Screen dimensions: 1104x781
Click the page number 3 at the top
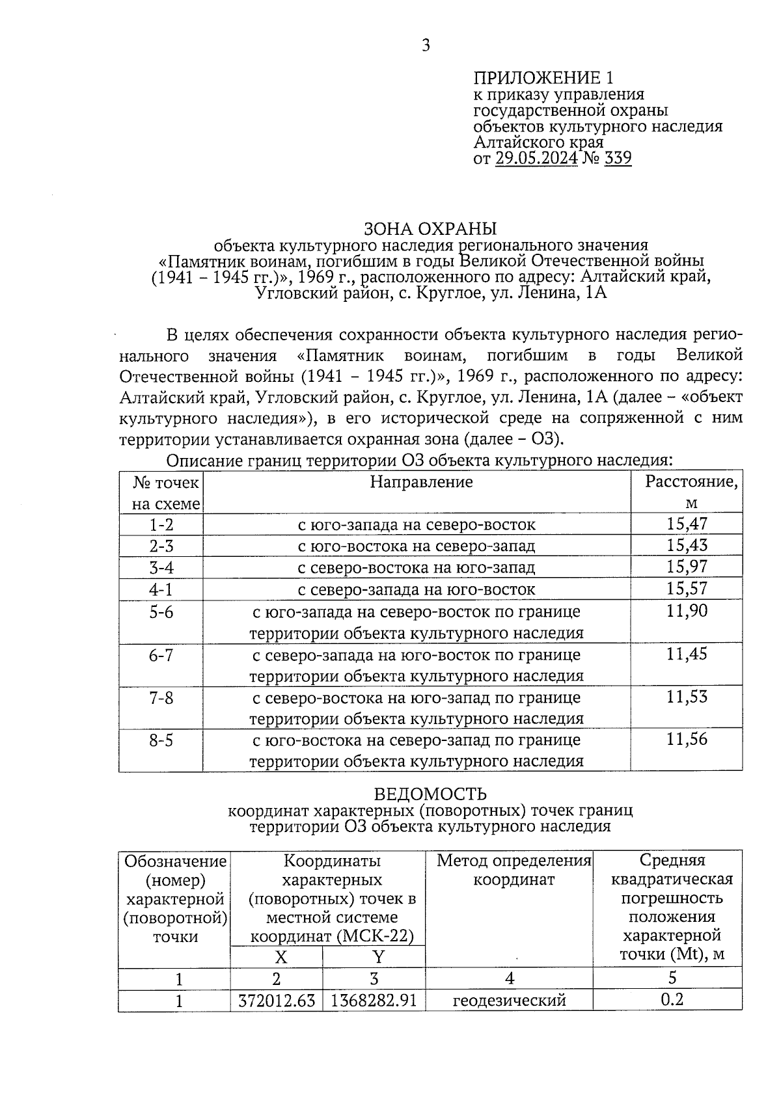pos(426,46)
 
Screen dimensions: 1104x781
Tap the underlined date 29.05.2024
pos(536,158)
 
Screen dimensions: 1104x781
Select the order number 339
pos(618,158)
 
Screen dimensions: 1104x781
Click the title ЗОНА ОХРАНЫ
pos(430,229)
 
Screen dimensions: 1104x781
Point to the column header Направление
pos(421,482)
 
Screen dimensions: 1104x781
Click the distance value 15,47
pos(687,524)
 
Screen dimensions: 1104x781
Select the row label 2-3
pos(161,546)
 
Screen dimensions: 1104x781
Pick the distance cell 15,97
pos(687,567)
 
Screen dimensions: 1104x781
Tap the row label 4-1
pos(161,589)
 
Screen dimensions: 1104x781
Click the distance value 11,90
pos(687,611)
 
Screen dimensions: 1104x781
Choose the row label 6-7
pos(161,655)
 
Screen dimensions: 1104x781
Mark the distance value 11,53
pos(687,697)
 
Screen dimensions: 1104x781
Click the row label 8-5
pos(161,740)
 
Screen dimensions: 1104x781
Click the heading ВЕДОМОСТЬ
pos(430,794)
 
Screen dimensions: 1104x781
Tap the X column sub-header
pos(281,957)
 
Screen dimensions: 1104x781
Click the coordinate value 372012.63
pos(277,1000)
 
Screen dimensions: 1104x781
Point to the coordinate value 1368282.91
pos(374,1000)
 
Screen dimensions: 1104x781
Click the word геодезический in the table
pos(509,1000)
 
